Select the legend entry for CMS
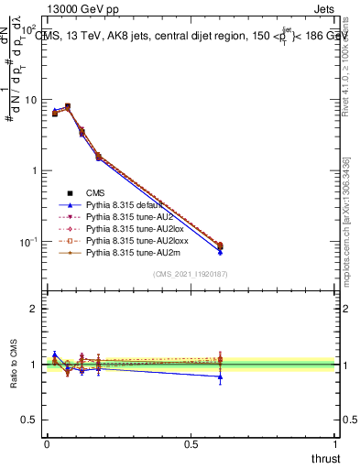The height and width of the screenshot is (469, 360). [102, 193]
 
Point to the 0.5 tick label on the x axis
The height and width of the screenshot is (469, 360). [191, 443]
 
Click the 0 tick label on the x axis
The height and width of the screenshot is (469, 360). [48, 443]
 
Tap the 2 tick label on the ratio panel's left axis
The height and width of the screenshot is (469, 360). [36, 309]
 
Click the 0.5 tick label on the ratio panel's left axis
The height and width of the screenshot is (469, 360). [31, 420]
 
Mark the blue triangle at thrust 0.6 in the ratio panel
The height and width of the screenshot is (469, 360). [220, 376]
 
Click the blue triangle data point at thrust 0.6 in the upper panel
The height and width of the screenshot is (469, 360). [220, 251]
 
